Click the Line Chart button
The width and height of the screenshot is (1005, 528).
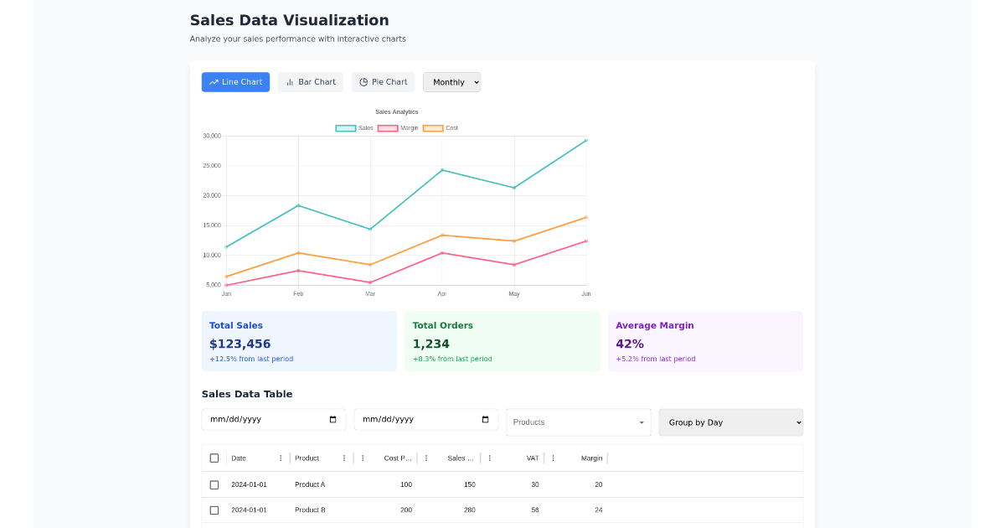point(235,82)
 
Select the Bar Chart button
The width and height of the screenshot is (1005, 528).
point(311,82)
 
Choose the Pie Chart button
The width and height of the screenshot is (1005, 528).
point(383,82)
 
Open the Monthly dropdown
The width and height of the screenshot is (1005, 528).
point(452,82)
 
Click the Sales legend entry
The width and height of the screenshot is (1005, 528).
point(354,128)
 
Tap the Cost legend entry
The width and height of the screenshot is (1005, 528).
point(441,128)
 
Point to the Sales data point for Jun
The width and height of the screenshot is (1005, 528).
point(586,141)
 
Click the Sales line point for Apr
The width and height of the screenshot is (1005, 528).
point(442,170)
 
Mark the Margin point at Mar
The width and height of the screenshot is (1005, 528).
point(370,282)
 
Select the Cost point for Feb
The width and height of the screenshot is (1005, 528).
point(298,253)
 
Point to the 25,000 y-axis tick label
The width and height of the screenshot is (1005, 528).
point(211,166)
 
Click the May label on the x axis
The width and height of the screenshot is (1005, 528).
point(514,294)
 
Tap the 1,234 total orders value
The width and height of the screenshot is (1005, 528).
point(431,344)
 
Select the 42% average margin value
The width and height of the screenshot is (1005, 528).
point(630,344)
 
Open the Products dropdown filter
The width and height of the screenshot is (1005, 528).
point(578,422)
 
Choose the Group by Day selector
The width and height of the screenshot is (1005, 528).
point(730,422)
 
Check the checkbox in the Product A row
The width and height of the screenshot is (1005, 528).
point(214,484)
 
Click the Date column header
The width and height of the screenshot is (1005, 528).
point(239,458)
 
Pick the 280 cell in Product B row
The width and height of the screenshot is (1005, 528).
point(469,510)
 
